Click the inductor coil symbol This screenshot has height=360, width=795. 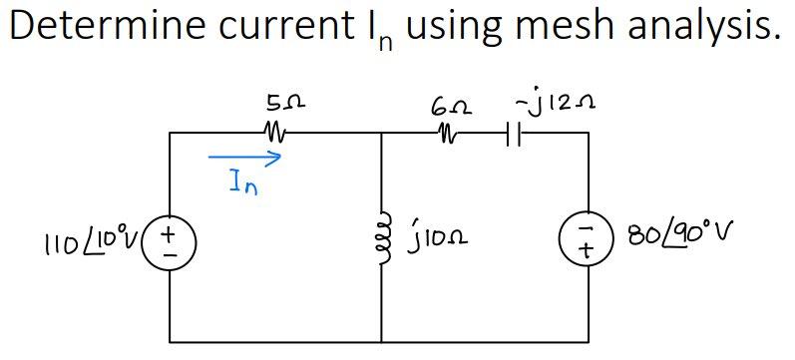click(382, 236)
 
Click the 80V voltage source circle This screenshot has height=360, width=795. click(589, 239)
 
